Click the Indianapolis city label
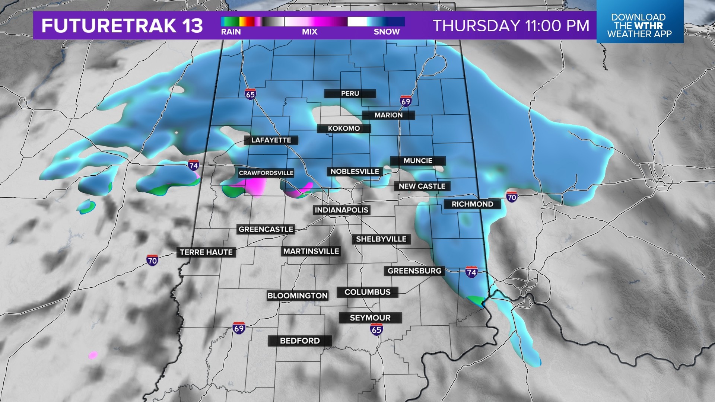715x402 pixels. [341, 210]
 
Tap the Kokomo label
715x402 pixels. [344, 128]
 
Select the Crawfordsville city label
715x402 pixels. [266, 173]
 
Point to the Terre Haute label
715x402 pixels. [206, 252]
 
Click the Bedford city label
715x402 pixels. [300, 341]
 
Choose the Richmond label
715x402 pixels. [472, 204]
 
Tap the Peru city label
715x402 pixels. [350, 93]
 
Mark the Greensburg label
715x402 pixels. [414, 271]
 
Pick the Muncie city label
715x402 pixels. [418, 161]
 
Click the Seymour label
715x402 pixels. [370, 318]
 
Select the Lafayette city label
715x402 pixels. [271, 140]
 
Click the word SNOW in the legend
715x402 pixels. [387, 32]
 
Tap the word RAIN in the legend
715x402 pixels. [231, 32]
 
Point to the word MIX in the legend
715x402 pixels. [309, 32]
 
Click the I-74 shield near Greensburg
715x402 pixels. [471, 272]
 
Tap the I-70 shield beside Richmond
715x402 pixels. [512, 197]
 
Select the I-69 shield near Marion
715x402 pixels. [406, 101]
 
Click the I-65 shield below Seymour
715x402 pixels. [376, 329]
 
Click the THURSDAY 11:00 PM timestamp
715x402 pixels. [511, 26]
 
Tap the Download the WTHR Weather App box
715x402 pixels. [639, 25]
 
